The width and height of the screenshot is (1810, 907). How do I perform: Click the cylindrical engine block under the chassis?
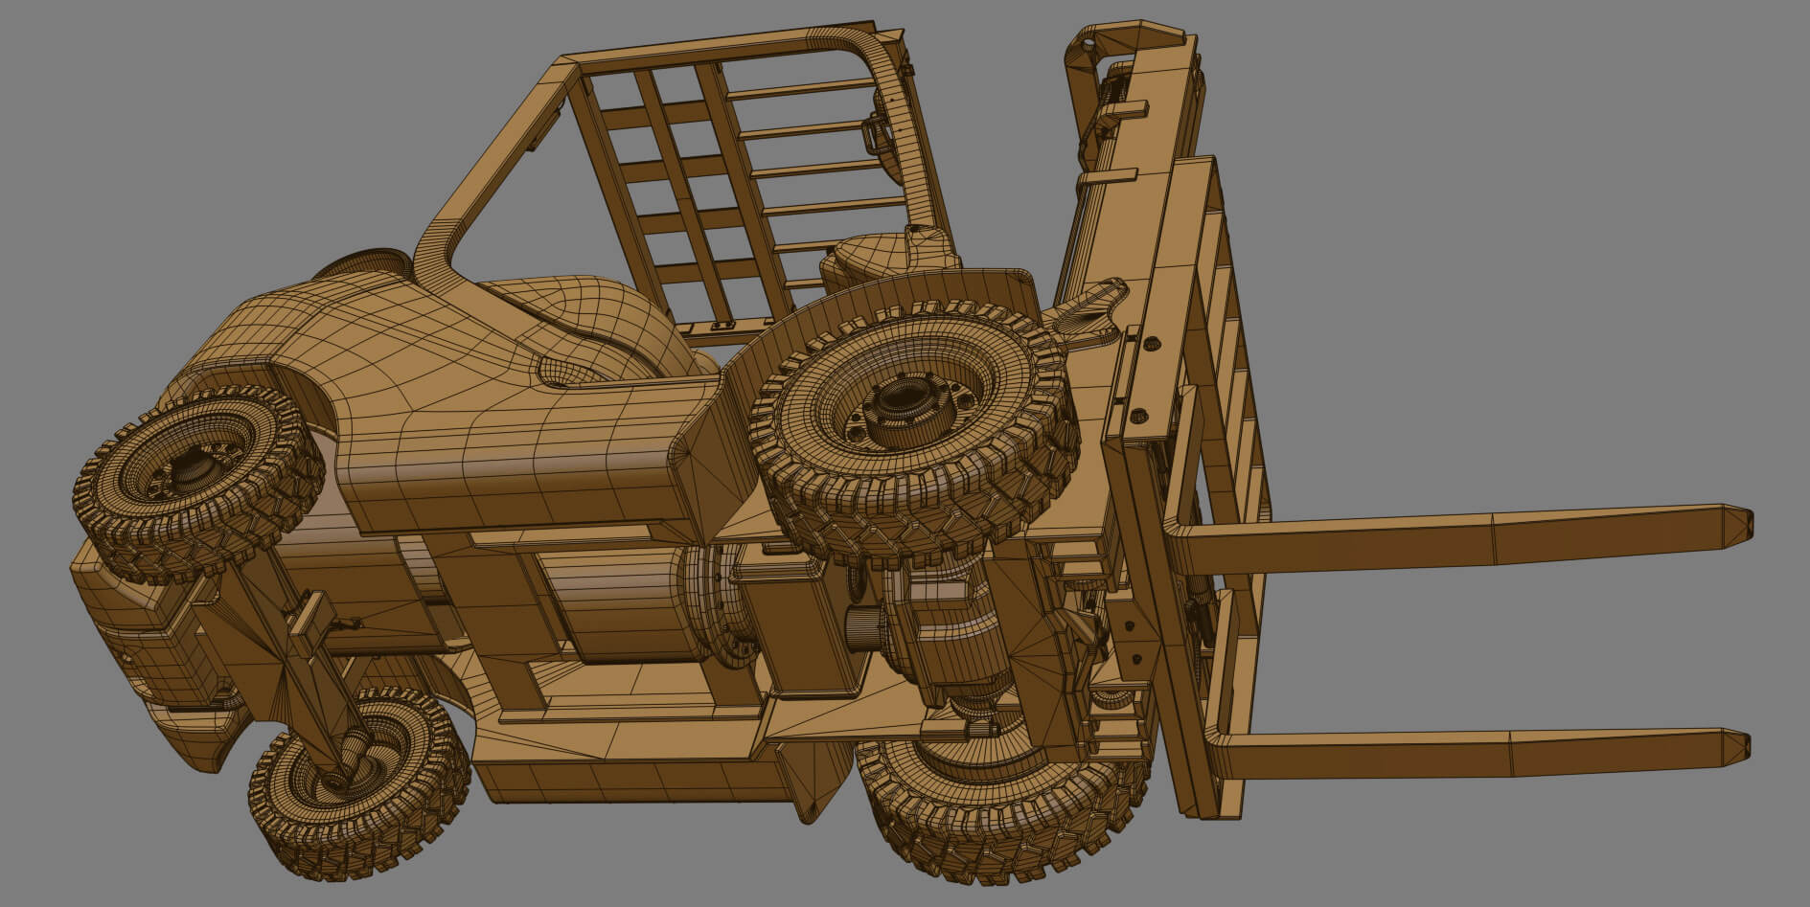tap(613, 603)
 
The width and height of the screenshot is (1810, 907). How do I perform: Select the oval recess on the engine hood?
tap(575, 369)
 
